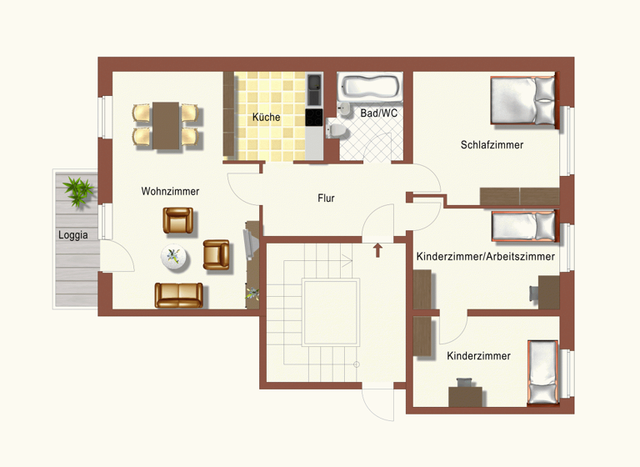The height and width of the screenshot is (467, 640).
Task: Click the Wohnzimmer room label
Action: click(x=170, y=192)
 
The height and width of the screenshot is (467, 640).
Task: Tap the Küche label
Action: click(x=266, y=118)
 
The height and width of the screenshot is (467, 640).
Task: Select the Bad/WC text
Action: click(x=379, y=113)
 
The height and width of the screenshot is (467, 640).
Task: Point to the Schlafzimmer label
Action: click(x=492, y=145)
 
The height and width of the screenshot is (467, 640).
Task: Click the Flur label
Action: click(x=326, y=198)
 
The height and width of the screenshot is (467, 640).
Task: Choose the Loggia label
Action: click(x=73, y=235)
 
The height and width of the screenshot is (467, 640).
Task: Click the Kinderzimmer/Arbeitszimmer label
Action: click(x=485, y=257)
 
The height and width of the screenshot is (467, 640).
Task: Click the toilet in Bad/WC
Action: click(x=337, y=130)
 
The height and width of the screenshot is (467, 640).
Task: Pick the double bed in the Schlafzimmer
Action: click(x=523, y=101)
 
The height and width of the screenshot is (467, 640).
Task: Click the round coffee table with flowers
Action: click(x=175, y=259)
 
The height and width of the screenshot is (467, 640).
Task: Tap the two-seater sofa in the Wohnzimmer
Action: click(x=178, y=295)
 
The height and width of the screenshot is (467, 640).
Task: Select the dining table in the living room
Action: click(x=167, y=125)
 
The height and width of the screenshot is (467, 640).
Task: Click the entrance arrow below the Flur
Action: click(x=377, y=249)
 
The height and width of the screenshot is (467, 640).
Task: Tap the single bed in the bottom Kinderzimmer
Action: click(x=543, y=374)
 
